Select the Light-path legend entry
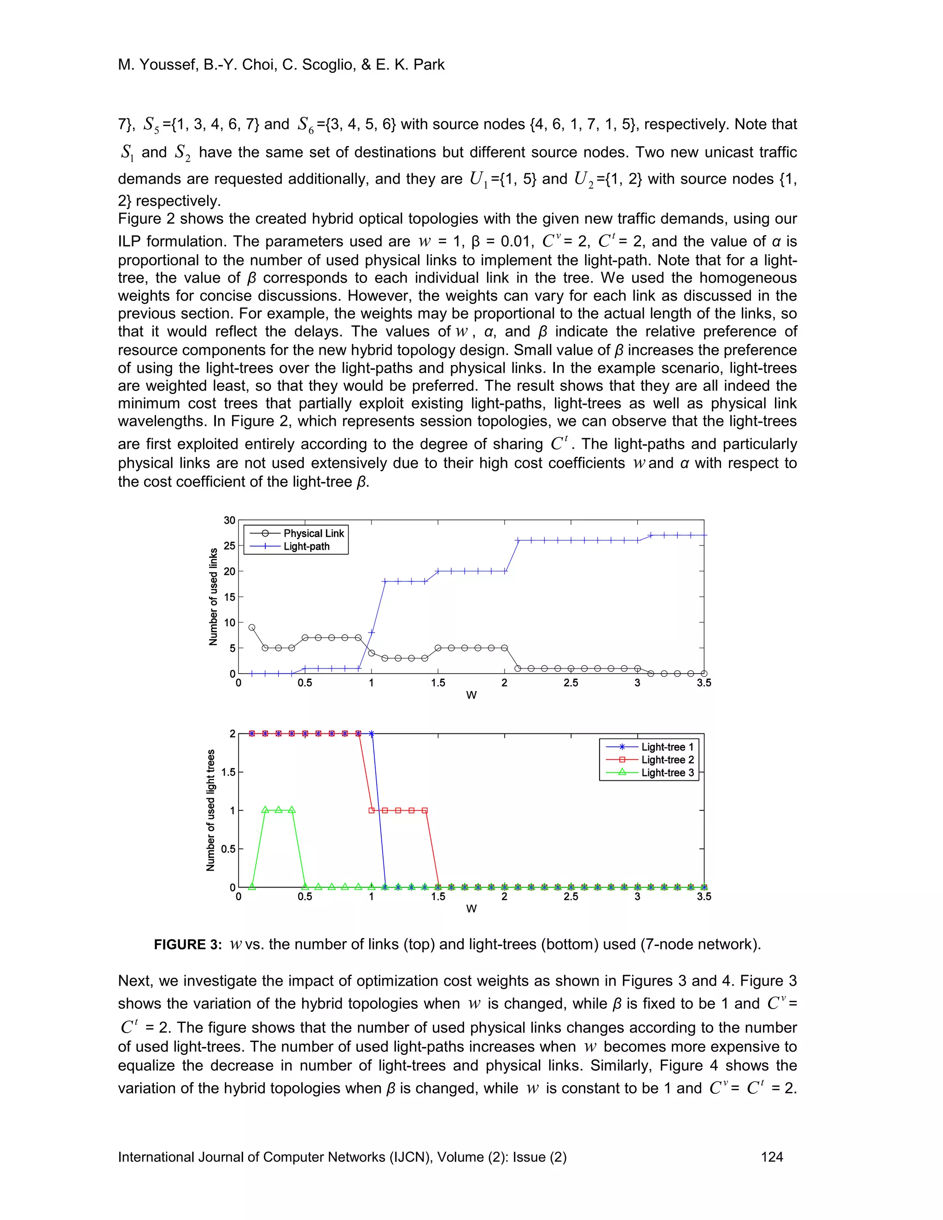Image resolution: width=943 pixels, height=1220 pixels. coord(306,546)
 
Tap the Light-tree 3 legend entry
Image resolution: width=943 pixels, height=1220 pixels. coord(667,773)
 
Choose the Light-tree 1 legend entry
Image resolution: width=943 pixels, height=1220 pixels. coord(667,747)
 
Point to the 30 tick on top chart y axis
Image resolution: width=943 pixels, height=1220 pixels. coord(229,520)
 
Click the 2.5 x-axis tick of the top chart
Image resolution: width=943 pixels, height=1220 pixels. coord(570,683)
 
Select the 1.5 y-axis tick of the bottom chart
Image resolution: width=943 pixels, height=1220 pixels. coord(228,772)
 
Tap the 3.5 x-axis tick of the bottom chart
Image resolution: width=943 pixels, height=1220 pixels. coord(704,896)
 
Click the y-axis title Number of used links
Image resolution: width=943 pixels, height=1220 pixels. coord(213,597)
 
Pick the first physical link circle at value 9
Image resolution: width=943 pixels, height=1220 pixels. coord(251,627)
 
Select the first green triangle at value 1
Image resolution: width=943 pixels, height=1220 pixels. coord(265,810)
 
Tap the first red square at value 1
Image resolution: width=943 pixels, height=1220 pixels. coord(372,810)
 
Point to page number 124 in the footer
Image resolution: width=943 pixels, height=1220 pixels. coord(772,1157)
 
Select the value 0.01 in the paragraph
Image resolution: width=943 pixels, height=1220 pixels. coord(508,241)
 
